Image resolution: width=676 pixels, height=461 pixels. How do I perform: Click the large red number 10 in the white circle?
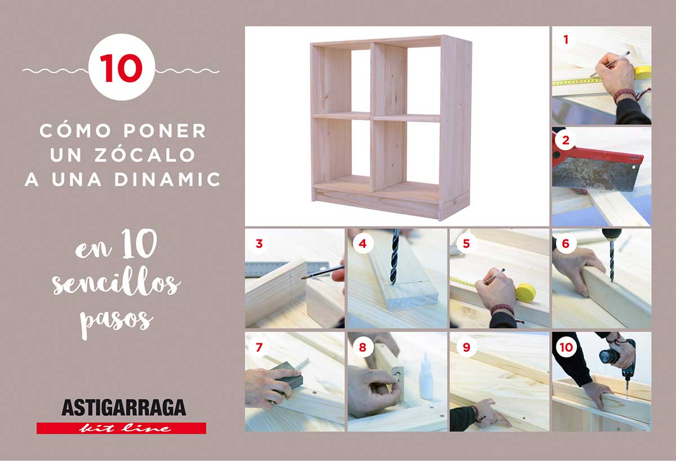(x=121, y=68)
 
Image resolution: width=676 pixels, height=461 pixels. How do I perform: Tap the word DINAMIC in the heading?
(x=167, y=179)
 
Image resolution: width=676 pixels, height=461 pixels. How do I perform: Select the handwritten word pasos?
(x=116, y=323)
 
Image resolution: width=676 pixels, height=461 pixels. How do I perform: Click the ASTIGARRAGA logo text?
(x=124, y=407)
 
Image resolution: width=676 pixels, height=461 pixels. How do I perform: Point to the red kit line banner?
(x=121, y=428)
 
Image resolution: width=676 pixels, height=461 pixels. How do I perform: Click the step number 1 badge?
(x=566, y=39)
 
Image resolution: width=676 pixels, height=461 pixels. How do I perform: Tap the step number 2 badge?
(x=566, y=140)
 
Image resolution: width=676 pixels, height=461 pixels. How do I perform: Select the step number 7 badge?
(x=259, y=347)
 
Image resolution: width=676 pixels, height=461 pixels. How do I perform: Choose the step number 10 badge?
(x=566, y=347)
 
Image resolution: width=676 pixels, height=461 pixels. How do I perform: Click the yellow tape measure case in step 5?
(x=526, y=293)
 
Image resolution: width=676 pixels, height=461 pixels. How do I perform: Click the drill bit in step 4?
(x=395, y=257)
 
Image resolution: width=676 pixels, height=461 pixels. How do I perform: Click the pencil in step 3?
(x=323, y=272)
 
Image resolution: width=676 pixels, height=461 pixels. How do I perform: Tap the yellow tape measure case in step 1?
(x=643, y=73)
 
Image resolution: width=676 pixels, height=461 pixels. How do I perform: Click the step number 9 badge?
(x=466, y=347)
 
